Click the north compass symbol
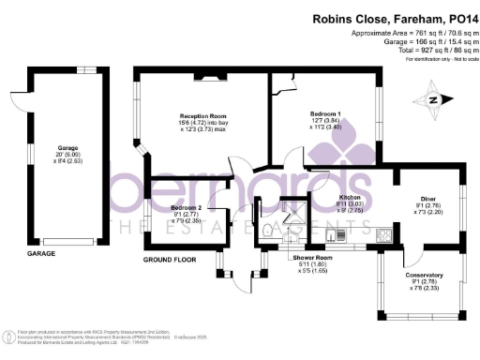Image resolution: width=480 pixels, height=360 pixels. click(433, 98)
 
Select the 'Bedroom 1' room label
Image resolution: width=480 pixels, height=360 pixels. click(326, 113)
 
